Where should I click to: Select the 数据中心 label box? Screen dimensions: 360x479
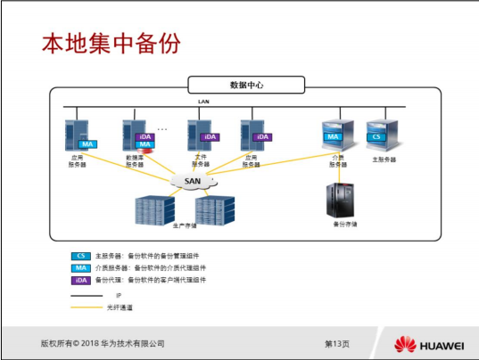[245, 86]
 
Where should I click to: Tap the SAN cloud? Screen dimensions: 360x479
[194, 181]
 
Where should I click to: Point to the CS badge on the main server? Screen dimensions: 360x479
[377, 137]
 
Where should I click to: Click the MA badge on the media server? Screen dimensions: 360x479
[333, 137]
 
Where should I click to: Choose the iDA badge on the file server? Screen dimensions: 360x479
[210, 137]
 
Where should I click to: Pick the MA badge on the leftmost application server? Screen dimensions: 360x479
[87, 143]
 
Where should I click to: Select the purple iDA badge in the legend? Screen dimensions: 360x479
[80, 279]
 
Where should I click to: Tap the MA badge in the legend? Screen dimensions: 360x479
[80, 267]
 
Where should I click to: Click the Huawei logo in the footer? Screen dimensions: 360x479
[428, 344]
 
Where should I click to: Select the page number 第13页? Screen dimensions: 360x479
[336, 344]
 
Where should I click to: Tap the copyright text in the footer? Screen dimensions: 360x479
[103, 344]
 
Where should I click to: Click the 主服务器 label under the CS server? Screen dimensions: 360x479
[384, 160]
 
